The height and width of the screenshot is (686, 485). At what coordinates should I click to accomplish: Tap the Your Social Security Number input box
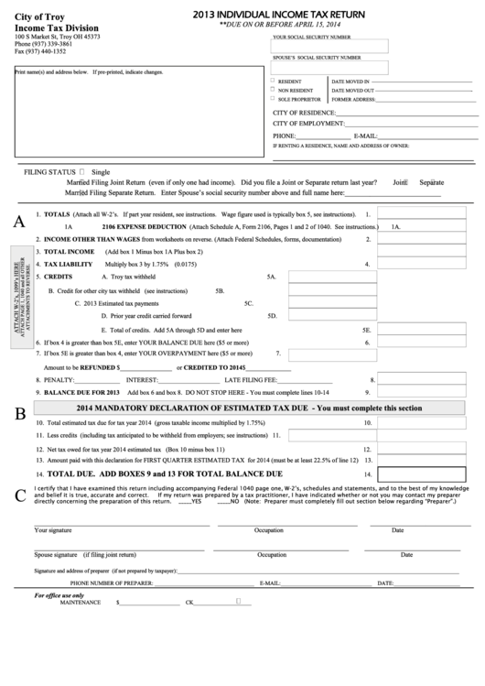pyautogui.click(x=330, y=46)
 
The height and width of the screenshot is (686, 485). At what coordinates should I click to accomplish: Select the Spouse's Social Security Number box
pyautogui.click(x=330, y=67)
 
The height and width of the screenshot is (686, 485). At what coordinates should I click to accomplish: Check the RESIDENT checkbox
pyautogui.click(x=272, y=82)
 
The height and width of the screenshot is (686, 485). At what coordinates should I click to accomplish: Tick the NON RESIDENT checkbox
pyautogui.click(x=272, y=91)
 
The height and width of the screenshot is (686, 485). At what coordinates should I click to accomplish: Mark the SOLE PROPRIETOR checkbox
pyautogui.click(x=272, y=99)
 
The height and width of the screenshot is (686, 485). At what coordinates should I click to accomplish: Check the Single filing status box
pyautogui.click(x=82, y=171)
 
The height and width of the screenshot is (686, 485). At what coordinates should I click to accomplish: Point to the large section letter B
pyautogui.click(x=19, y=413)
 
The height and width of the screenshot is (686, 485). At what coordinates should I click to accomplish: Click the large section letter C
pyautogui.click(x=19, y=495)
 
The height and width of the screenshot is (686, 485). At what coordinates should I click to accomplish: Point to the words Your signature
pyautogui.click(x=53, y=530)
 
